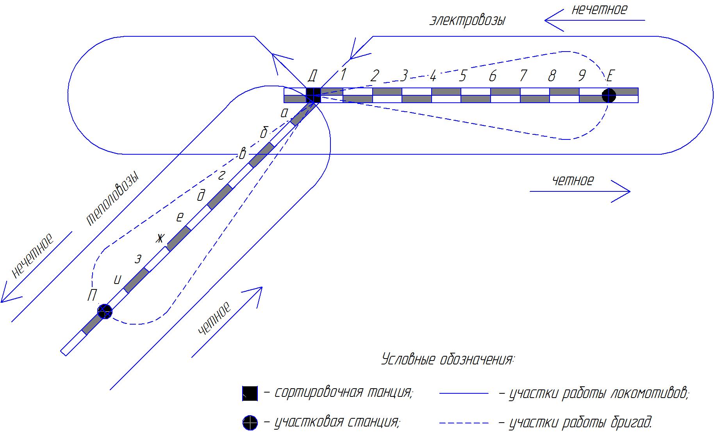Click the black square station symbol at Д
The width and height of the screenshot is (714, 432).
[x=313, y=95]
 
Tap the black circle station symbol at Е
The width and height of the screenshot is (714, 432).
[x=609, y=95]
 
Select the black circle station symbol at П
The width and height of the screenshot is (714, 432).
[x=105, y=311]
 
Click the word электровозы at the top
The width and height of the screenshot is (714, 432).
[x=468, y=20]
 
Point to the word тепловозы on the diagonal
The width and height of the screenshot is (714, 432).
[x=112, y=199]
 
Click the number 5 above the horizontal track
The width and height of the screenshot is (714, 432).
[x=463, y=76]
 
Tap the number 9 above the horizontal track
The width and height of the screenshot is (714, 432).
[x=582, y=76]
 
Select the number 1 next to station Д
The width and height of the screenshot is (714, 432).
[x=343, y=75]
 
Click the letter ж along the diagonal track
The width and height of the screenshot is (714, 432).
[x=160, y=238]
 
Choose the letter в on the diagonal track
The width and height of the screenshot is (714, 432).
[x=242, y=154]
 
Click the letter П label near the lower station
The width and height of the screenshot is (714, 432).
[x=92, y=295]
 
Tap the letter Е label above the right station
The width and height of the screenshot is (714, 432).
[x=610, y=76]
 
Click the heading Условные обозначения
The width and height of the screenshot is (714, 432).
[x=448, y=359]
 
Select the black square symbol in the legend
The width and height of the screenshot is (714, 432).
[x=250, y=393]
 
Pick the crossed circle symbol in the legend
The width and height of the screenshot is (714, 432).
[x=250, y=422]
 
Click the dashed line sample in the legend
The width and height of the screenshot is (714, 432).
[x=464, y=423]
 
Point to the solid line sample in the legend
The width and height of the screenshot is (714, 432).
[x=464, y=393]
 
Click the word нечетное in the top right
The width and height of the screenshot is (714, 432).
[x=599, y=9]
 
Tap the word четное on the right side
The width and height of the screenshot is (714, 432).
[x=573, y=180]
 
